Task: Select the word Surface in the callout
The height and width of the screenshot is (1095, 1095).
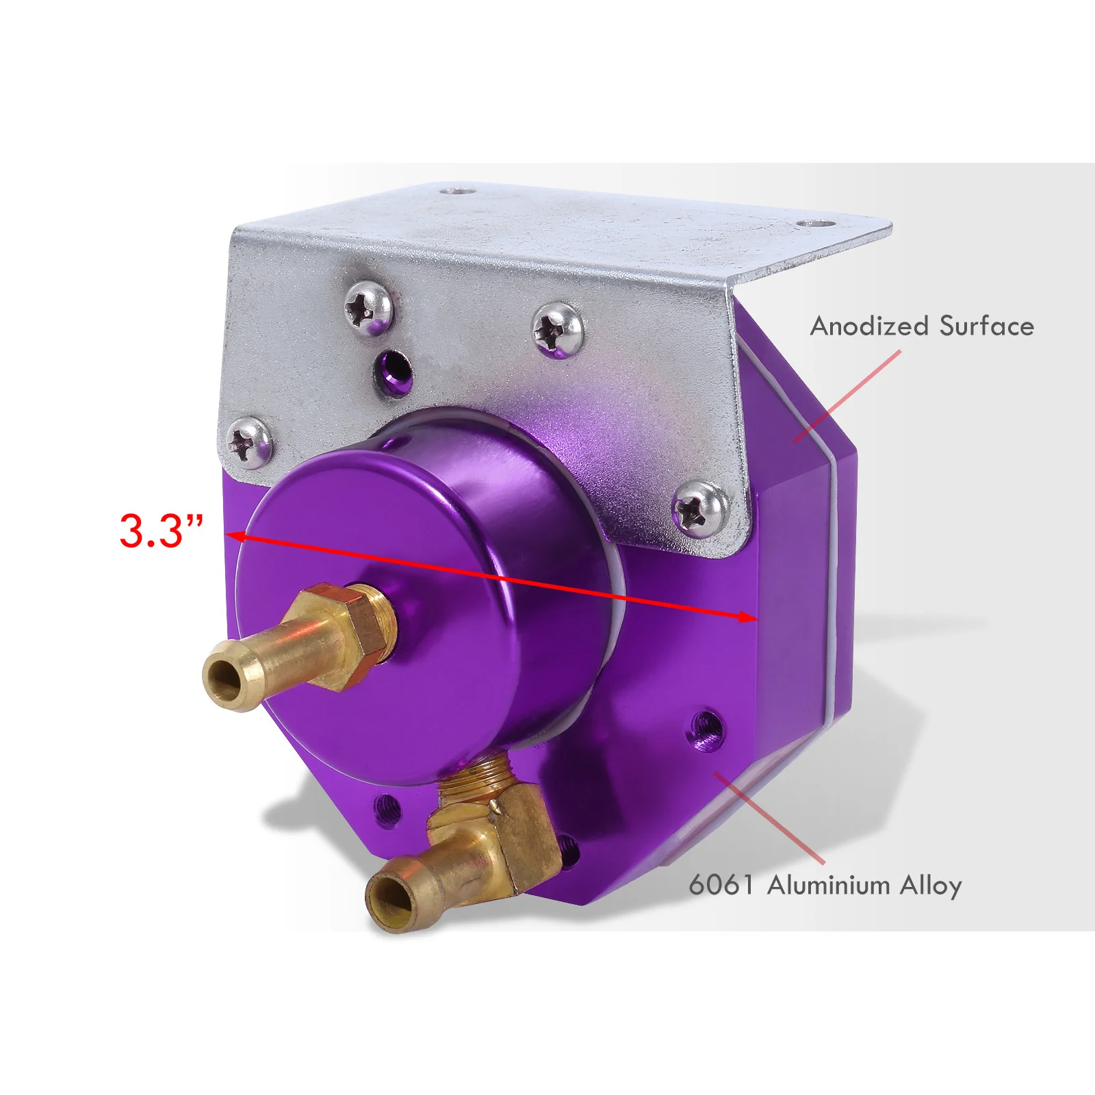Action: (x=986, y=326)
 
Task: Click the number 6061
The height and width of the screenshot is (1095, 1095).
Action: (x=721, y=885)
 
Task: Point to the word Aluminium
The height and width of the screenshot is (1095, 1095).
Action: (x=829, y=885)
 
